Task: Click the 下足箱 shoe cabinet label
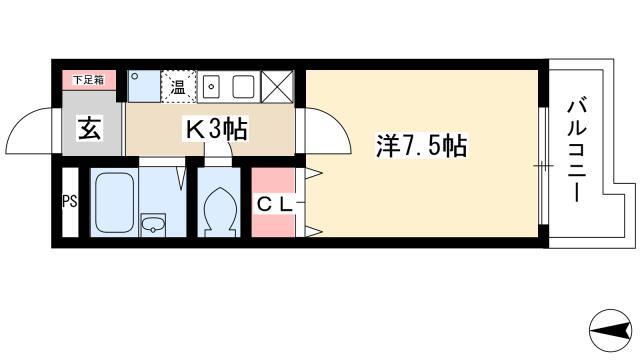point(89,80)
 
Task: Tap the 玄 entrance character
point(90,128)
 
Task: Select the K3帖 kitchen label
point(216,129)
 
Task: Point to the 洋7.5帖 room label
point(421,145)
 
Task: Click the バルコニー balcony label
point(577,150)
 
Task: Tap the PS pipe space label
point(69,201)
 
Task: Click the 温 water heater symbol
point(178,87)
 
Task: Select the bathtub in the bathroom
point(115,203)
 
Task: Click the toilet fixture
point(219,211)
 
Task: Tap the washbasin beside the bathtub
point(153,225)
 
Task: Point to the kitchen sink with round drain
point(211,87)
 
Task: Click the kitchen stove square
point(244,87)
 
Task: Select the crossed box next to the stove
point(277,87)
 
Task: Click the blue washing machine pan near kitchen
point(144,87)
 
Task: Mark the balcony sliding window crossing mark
point(543,166)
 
